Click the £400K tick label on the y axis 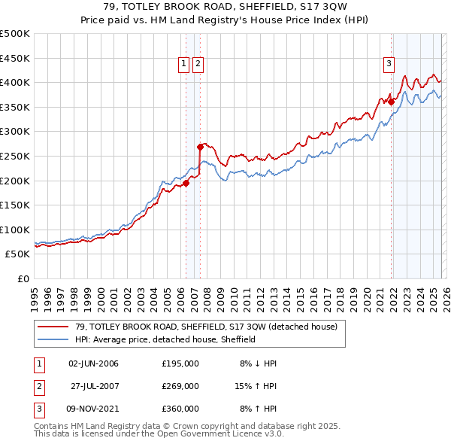[15, 82]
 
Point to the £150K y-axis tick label [15, 205]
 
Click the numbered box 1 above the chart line [183, 65]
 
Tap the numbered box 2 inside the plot [197, 65]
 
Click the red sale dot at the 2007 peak [201, 147]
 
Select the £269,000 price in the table [180, 386]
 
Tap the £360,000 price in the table [180, 409]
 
